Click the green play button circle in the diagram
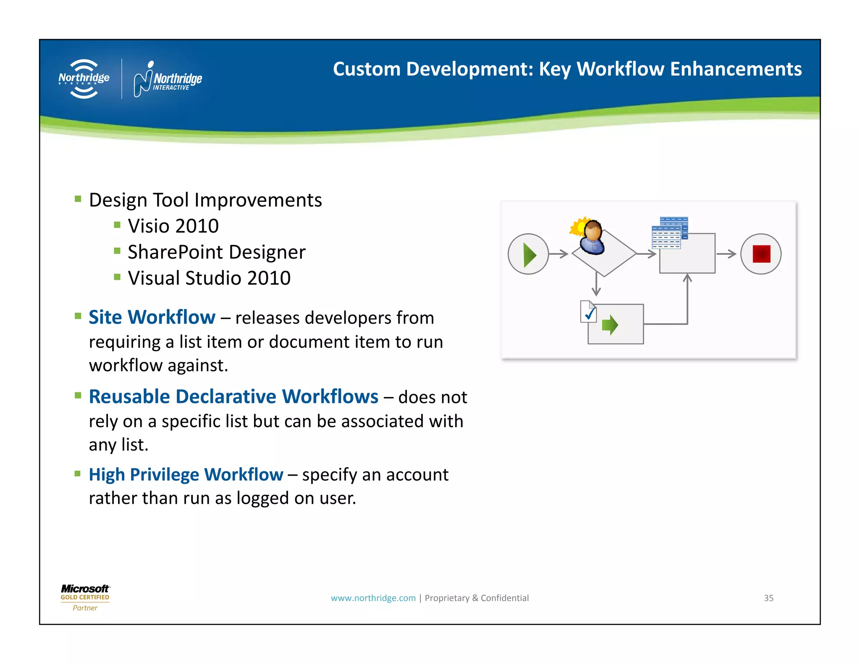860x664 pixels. click(528, 254)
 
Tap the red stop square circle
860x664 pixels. click(760, 254)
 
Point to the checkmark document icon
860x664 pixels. click(588, 312)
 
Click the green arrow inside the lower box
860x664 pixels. click(610, 325)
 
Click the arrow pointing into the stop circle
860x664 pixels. click(726, 254)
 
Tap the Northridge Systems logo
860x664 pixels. click(84, 79)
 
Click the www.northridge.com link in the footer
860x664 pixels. click(373, 598)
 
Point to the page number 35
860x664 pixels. click(768, 598)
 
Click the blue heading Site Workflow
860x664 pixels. click(152, 317)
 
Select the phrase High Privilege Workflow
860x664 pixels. click(186, 475)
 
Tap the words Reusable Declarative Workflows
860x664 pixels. click(233, 397)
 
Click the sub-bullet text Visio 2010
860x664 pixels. click(173, 226)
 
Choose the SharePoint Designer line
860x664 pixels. click(216, 252)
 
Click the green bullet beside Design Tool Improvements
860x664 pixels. click(78, 199)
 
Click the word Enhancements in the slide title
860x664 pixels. click(736, 69)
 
